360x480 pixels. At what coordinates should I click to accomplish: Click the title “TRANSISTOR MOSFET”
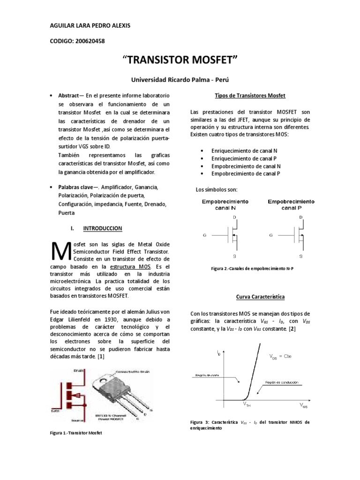pos(180,60)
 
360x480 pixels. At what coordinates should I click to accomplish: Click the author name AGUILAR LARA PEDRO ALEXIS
pos(90,25)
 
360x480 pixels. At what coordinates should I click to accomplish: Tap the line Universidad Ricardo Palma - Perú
pos(180,80)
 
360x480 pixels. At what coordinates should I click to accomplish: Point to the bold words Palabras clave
pos(75,187)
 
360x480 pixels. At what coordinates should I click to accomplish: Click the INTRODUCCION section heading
pos(102,228)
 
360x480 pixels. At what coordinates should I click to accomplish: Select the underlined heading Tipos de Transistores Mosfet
pos(247,96)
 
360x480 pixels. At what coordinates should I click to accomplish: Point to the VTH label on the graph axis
pos(247,404)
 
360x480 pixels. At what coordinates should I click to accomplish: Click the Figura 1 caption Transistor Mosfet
pos(75,433)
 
